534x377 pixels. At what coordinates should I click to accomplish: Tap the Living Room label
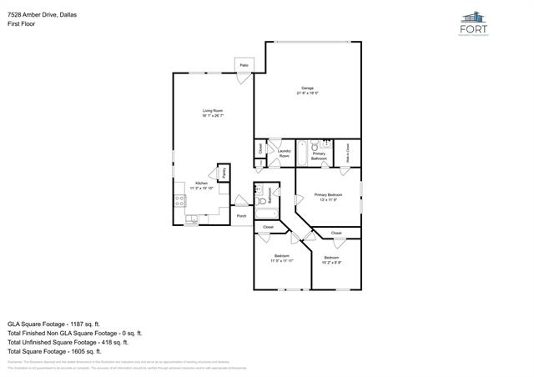[212, 110]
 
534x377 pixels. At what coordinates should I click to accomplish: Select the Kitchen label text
[201, 183]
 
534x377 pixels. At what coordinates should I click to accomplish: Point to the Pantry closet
[224, 173]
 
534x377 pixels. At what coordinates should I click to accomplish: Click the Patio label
[244, 65]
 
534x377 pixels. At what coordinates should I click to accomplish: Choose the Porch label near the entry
[241, 216]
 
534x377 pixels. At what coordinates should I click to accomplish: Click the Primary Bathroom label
[319, 155]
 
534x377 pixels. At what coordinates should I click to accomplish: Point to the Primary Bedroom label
[327, 195]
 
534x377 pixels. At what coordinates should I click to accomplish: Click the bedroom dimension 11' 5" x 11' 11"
[281, 261]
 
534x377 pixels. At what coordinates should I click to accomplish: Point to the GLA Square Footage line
[54, 323]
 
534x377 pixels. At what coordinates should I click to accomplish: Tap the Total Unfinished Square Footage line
[68, 342]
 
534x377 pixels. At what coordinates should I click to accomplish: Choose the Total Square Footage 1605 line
[55, 352]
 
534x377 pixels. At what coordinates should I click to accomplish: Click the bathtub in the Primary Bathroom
[305, 153]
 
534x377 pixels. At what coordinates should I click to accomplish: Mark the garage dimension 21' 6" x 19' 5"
[307, 93]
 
